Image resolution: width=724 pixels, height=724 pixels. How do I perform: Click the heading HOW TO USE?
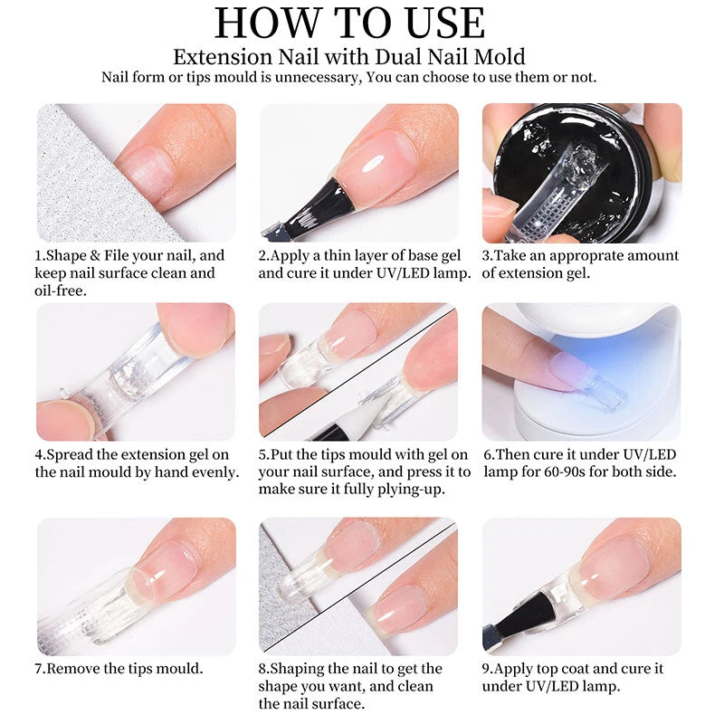click(x=362, y=24)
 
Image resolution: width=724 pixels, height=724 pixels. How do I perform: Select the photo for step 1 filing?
click(x=136, y=172)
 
